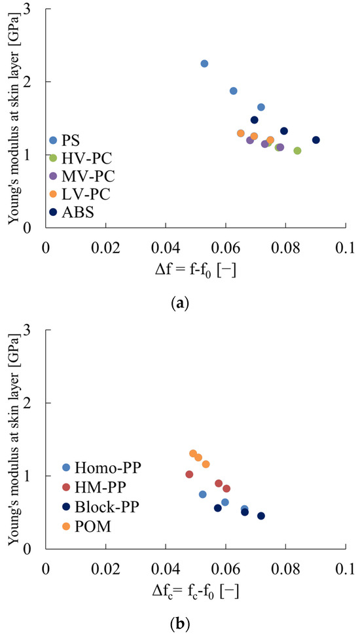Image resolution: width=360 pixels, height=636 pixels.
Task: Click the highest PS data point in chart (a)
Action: (204, 63)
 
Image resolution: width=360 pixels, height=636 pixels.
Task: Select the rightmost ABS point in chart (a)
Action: (316, 140)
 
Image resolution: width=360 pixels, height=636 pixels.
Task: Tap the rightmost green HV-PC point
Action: (297, 150)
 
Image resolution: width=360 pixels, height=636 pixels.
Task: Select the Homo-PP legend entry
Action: (101, 468)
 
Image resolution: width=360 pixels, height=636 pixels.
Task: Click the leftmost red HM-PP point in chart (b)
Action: (189, 474)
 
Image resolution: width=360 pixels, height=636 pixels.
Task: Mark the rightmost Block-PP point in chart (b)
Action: (261, 516)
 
